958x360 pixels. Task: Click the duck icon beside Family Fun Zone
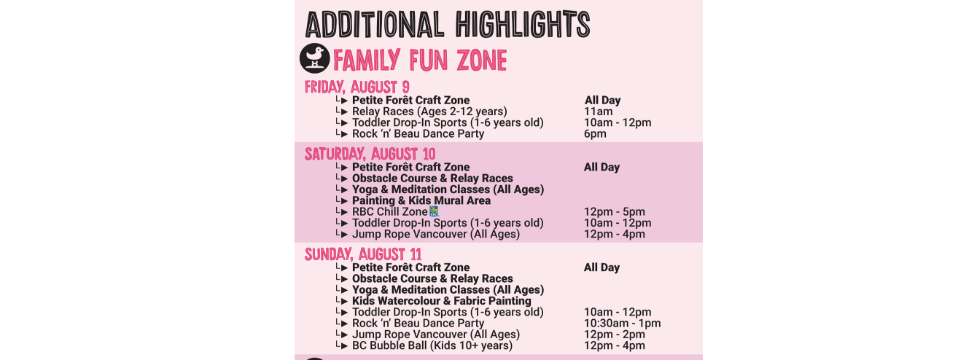pyautogui.click(x=314, y=58)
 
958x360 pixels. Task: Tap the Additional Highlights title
pyautogui.click(x=448, y=24)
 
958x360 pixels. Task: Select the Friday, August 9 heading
pyautogui.click(x=357, y=87)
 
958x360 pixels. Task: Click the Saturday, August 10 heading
pyautogui.click(x=370, y=154)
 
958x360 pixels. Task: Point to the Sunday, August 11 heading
pyautogui.click(x=363, y=254)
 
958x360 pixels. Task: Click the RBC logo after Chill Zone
pyautogui.click(x=434, y=211)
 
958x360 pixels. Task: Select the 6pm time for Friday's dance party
pyautogui.click(x=595, y=134)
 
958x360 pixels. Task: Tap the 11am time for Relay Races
pyautogui.click(x=598, y=111)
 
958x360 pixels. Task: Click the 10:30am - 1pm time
pyautogui.click(x=623, y=324)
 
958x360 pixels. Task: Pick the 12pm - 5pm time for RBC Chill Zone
pyautogui.click(x=614, y=211)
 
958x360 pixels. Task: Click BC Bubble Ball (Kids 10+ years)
pyautogui.click(x=432, y=345)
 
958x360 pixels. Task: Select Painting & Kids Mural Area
pyautogui.click(x=421, y=200)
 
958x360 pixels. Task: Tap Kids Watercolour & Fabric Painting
pyautogui.click(x=441, y=301)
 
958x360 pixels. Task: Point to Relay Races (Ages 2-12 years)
pyautogui.click(x=429, y=111)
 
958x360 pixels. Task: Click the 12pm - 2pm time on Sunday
pyautogui.click(x=614, y=334)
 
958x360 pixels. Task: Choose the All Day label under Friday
pyautogui.click(x=602, y=100)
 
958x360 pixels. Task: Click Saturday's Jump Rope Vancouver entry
pyautogui.click(x=436, y=235)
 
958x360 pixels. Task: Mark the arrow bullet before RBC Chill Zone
pyautogui.click(x=342, y=211)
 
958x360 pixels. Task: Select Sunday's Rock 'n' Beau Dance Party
pyautogui.click(x=418, y=324)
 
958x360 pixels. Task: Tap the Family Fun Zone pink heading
pyautogui.click(x=420, y=60)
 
